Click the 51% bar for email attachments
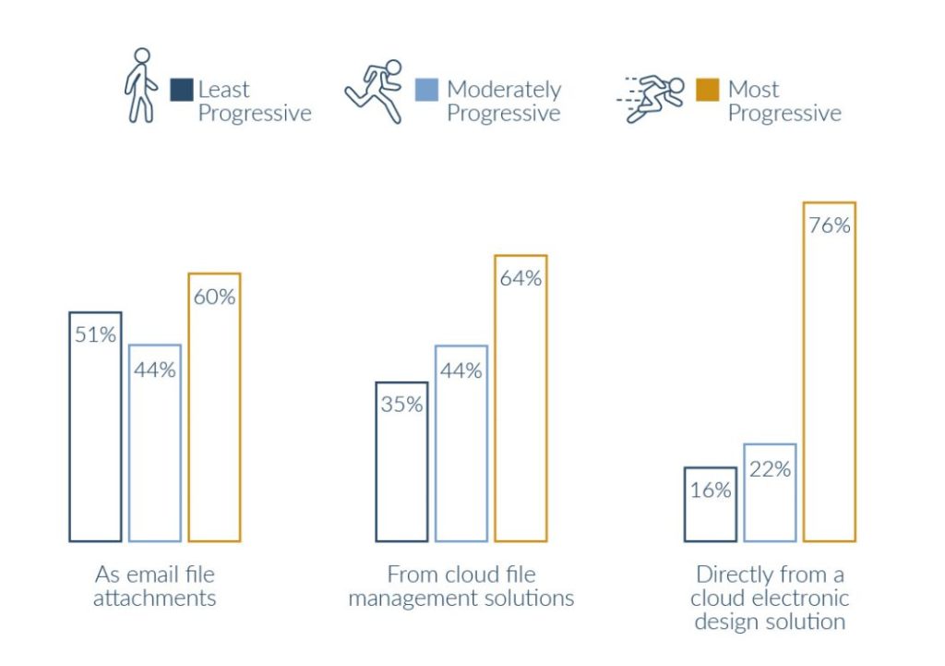point(95,426)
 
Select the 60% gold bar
point(214,406)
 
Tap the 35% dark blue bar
point(401,461)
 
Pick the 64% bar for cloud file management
point(520,397)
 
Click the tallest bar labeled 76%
point(829,370)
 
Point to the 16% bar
point(710,503)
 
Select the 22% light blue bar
point(770,491)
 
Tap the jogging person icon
point(375,91)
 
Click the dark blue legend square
point(182,90)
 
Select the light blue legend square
point(426,90)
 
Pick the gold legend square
point(708,90)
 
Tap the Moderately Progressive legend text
point(504,102)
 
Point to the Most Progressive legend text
point(784,102)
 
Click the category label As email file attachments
point(155,586)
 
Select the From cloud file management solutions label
point(461,586)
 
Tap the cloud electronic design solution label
point(770,597)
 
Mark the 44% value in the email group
point(154,369)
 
